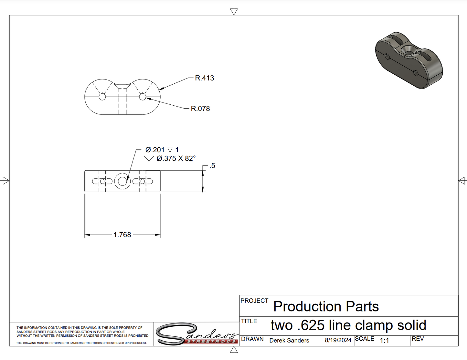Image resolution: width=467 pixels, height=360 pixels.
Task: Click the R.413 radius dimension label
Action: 204,78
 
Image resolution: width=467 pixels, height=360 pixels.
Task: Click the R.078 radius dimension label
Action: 200,109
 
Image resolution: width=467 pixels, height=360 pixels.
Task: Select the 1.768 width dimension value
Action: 122,235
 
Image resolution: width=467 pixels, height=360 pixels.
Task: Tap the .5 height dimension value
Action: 212,165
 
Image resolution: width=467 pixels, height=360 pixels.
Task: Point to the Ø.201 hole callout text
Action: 155,150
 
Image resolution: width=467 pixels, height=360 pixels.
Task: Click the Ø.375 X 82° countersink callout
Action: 176,159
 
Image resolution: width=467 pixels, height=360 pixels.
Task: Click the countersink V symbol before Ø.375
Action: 149,159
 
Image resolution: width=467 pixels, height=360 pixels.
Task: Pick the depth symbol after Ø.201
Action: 170,150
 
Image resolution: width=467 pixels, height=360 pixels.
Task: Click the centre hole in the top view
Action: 122,181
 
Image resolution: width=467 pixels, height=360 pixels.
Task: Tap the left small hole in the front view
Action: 102,97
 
